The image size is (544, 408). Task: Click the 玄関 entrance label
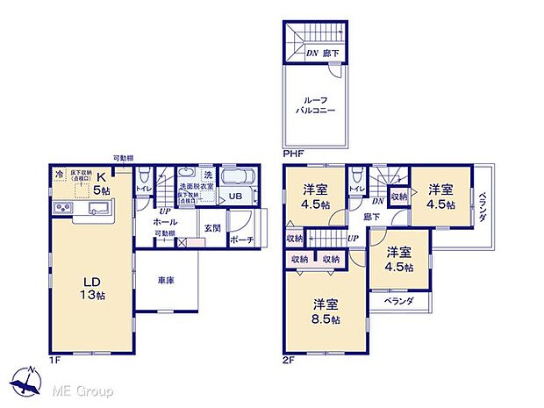(213, 228)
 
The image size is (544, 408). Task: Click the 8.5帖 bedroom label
(325, 311)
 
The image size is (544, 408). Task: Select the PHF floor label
(292, 154)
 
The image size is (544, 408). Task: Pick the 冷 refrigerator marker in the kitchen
(58, 175)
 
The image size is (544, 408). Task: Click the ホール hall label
(165, 222)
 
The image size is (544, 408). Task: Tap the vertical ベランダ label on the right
(483, 206)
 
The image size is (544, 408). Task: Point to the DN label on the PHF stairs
(312, 53)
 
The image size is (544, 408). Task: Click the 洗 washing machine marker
(208, 173)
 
